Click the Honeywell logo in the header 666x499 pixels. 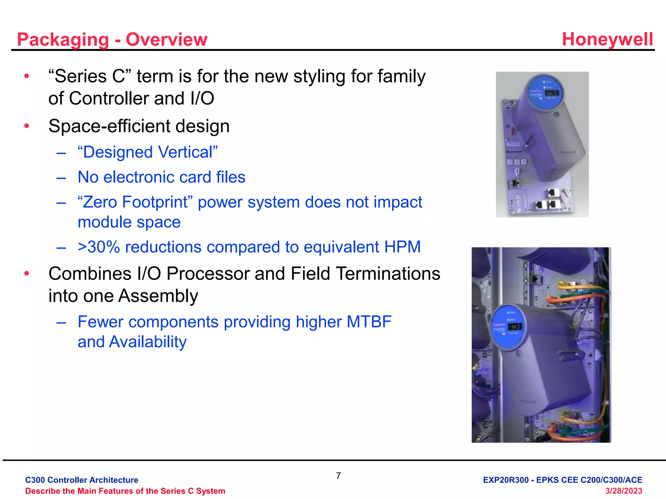tap(607, 39)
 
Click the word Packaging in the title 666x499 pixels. tap(63, 40)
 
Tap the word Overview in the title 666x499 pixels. tap(166, 39)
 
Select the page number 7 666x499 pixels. tap(338, 476)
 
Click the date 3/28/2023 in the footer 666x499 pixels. tap(623, 491)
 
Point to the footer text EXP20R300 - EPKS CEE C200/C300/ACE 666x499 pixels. tap(562, 480)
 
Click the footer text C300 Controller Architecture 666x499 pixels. tap(82, 480)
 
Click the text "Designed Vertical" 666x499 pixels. tap(148, 152)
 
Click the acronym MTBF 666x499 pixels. tap(369, 322)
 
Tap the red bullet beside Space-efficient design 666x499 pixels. tap(27, 126)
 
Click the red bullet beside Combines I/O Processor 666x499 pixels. tap(27, 273)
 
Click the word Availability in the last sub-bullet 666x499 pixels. tap(148, 342)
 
